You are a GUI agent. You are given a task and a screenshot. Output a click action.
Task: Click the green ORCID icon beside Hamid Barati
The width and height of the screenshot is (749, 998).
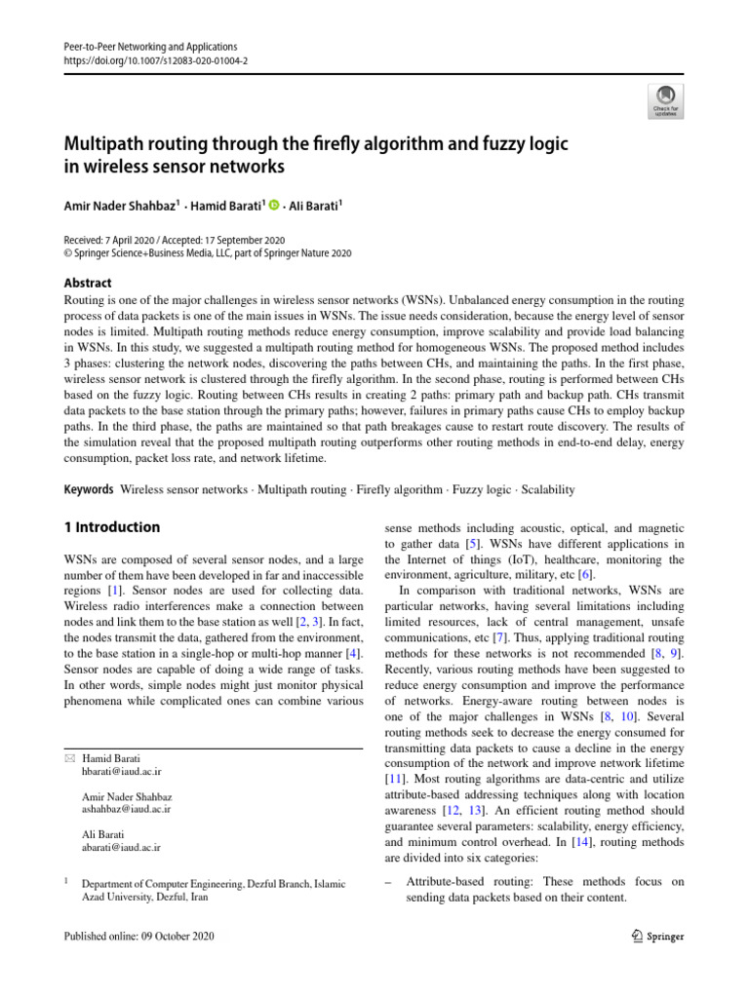point(274,205)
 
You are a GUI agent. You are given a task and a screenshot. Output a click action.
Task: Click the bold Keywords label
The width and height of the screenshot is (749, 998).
point(89,489)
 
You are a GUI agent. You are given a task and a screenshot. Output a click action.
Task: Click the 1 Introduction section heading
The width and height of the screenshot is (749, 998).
point(111,527)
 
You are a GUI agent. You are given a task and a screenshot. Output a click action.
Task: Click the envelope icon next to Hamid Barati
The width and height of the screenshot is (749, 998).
point(68,758)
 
